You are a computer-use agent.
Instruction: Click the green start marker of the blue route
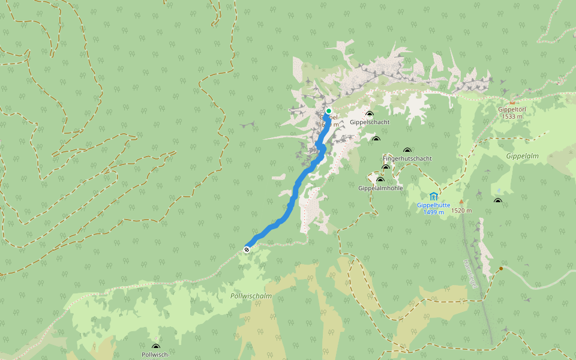[x=329, y=111]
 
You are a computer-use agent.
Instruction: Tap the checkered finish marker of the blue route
[x=247, y=250]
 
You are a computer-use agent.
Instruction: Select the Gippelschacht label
[x=370, y=122]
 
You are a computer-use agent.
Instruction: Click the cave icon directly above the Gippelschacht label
[x=370, y=114]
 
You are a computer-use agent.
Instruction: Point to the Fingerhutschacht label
[x=407, y=158]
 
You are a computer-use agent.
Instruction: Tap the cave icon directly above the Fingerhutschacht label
[x=407, y=151]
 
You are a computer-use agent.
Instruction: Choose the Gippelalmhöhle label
[x=380, y=188]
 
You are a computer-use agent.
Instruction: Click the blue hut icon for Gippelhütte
[x=433, y=196]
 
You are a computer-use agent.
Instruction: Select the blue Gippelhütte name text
[x=433, y=205]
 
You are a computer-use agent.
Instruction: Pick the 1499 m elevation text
[x=433, y=212]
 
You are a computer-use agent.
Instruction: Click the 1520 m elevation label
[x=461, y=211]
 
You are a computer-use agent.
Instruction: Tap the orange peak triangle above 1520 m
[x=461, y=202]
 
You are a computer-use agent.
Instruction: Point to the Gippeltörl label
[x=512, y=110]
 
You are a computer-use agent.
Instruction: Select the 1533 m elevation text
[x=512, y=116]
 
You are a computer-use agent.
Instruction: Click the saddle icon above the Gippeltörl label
[x=512, y=102]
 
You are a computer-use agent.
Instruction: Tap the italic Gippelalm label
[x=523, y=155]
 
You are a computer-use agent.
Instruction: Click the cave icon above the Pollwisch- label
[x=156, y=347]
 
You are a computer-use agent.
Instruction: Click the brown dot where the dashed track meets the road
[x=501, y=269]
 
